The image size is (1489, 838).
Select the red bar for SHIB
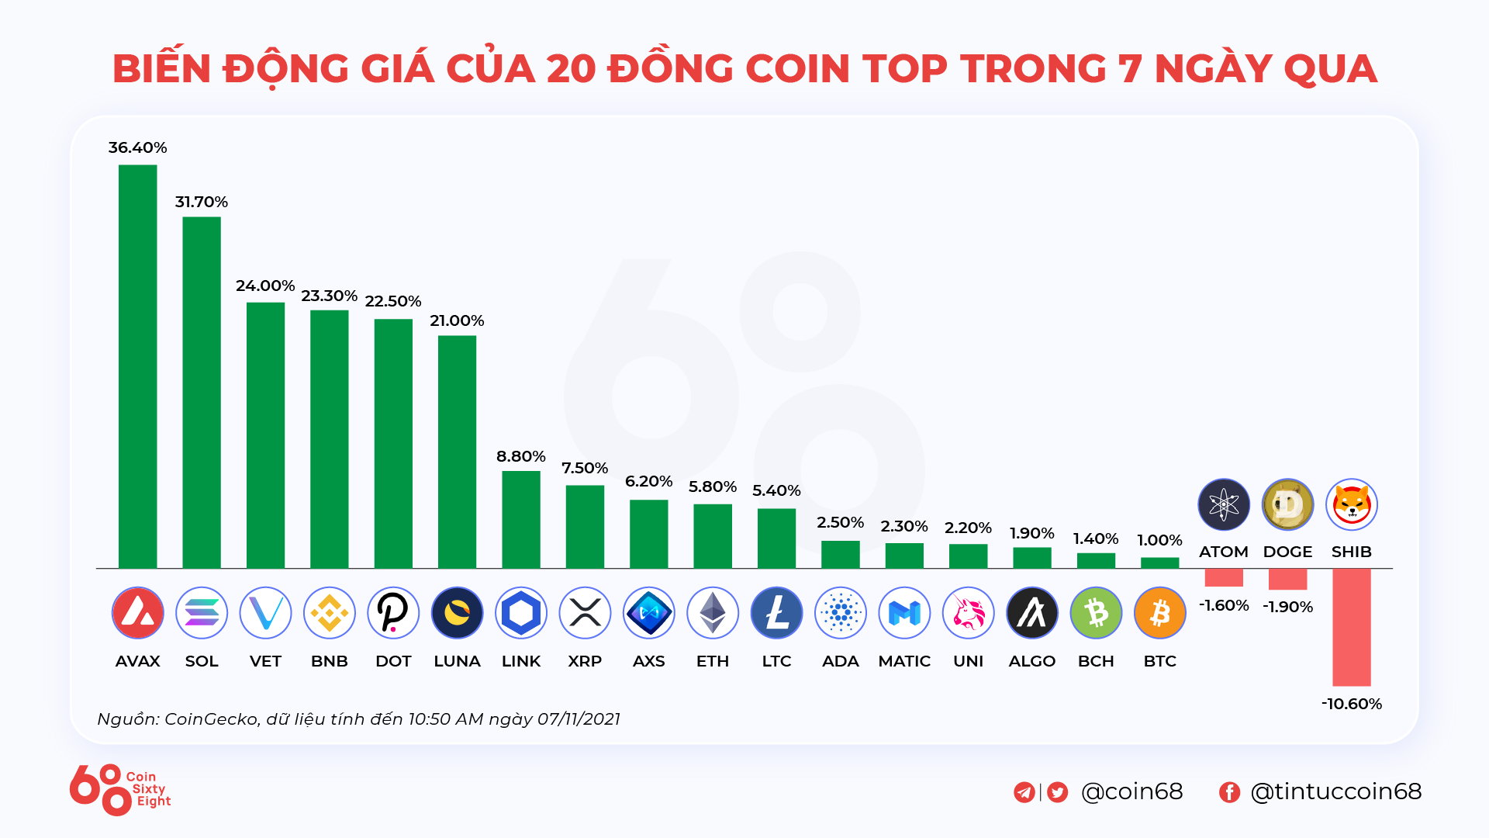1351,627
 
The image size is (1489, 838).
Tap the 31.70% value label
201,202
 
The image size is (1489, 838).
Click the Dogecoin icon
1287,504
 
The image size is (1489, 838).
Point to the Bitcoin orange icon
1159,613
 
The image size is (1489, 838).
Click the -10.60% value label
1352,704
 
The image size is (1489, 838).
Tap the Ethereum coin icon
713,613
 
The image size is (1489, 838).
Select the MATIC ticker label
904,661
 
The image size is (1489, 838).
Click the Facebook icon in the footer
1229,791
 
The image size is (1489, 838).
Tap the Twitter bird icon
1057,791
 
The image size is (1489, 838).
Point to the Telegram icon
1024,791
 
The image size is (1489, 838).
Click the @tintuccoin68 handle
1335,791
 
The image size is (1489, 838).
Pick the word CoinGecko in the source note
211,719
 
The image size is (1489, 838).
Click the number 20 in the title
570,68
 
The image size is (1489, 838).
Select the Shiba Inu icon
1351,504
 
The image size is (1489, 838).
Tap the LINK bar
521,520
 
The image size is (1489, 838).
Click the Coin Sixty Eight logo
119,789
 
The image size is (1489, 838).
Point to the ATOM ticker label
1224,552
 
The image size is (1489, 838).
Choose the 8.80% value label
521,456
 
